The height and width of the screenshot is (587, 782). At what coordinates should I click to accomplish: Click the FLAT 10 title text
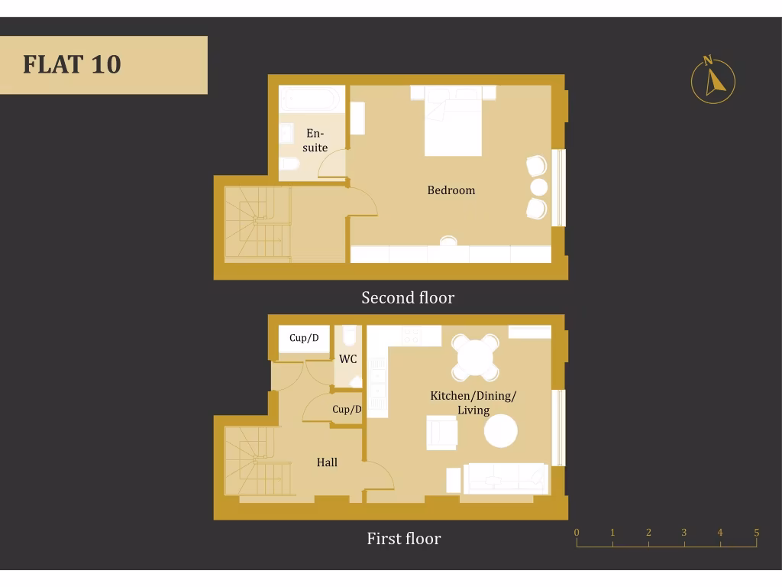pos(72,64)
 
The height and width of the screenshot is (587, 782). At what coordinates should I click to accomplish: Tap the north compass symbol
pos(713,81)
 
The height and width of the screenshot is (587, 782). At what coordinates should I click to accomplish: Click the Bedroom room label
pos(451,190)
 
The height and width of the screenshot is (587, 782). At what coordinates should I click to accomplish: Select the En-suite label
pos(315,141)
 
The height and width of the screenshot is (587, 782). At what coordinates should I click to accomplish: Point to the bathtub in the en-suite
pos(312,100)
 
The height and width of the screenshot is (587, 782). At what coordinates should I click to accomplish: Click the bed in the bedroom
pos(453,122)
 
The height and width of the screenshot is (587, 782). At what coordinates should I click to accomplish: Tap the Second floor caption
pos(408,297)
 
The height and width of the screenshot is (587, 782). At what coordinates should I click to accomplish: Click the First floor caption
pos(403,538)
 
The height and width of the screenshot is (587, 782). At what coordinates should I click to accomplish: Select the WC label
pos(348,358)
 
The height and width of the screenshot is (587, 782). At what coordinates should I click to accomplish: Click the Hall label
pos(327,462)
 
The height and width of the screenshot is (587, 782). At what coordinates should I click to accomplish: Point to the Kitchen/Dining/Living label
pos(473,403)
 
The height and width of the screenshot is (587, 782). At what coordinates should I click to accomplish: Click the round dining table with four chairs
pos(475,358)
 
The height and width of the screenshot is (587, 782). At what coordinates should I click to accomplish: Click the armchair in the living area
pos(441,433)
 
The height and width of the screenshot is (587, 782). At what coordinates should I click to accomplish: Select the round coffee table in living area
pos(501,431)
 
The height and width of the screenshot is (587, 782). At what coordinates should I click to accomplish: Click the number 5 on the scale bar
pos(756,533)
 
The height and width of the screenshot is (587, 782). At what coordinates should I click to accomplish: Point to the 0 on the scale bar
pos(577,533)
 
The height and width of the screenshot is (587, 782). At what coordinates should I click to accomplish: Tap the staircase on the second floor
pos(257,223)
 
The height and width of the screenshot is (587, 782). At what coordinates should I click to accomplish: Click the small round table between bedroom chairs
pos(539,187)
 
